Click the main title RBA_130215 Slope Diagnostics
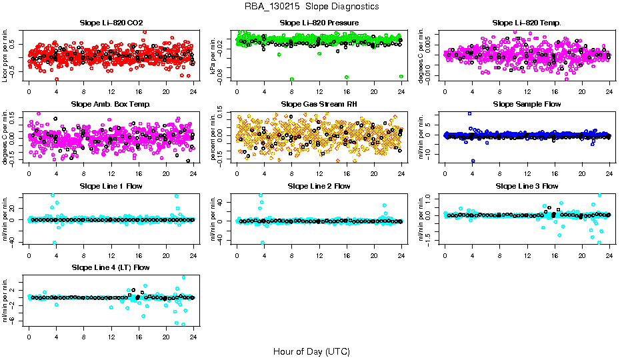312,7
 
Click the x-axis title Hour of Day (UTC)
311,351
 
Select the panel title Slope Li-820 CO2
111,23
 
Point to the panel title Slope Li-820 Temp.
527,23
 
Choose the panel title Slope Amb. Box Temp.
111,104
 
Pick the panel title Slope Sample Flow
527,104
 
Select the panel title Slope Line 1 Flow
111,186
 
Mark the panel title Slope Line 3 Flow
527,186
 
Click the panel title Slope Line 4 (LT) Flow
111,267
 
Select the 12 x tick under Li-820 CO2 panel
111,92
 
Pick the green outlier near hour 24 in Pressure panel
401,77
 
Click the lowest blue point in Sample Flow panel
473,161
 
